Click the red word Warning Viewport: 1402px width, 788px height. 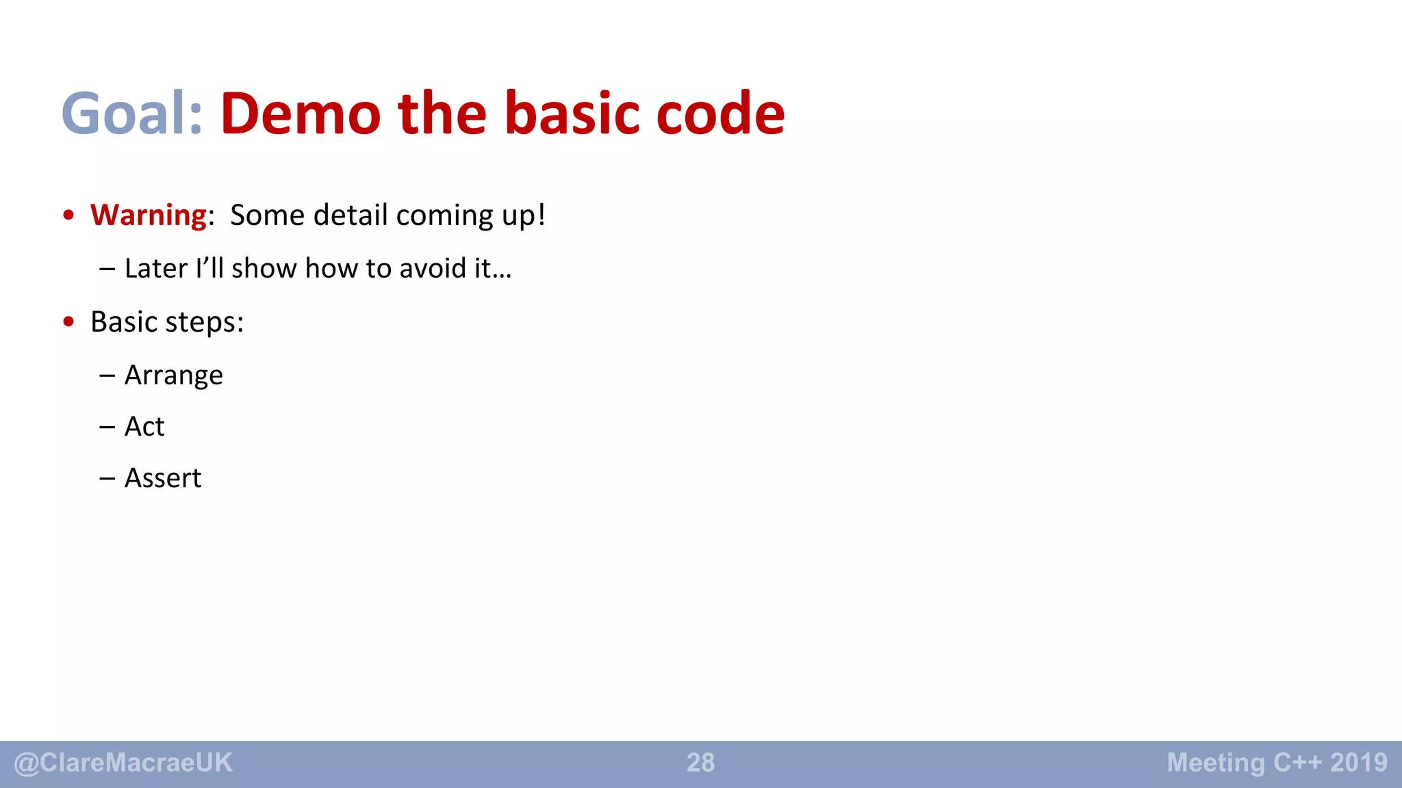pos(149,215)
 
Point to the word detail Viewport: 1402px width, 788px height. pos(350,215)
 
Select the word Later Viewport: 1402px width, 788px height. pos(156,268)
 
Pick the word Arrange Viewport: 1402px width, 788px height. pos(174,376)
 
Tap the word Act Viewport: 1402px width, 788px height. pos(144,427)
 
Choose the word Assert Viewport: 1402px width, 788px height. pos(163,478)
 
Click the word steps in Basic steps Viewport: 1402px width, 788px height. pos(205,322)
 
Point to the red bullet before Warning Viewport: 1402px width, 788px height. pos(68,215)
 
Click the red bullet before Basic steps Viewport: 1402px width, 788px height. pos(68,321)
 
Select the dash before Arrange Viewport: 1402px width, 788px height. pos(107,376)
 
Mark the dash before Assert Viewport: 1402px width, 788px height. pos(107,478)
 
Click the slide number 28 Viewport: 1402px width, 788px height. pos(700,763)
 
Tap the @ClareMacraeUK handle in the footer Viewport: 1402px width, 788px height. pos(123,763)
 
